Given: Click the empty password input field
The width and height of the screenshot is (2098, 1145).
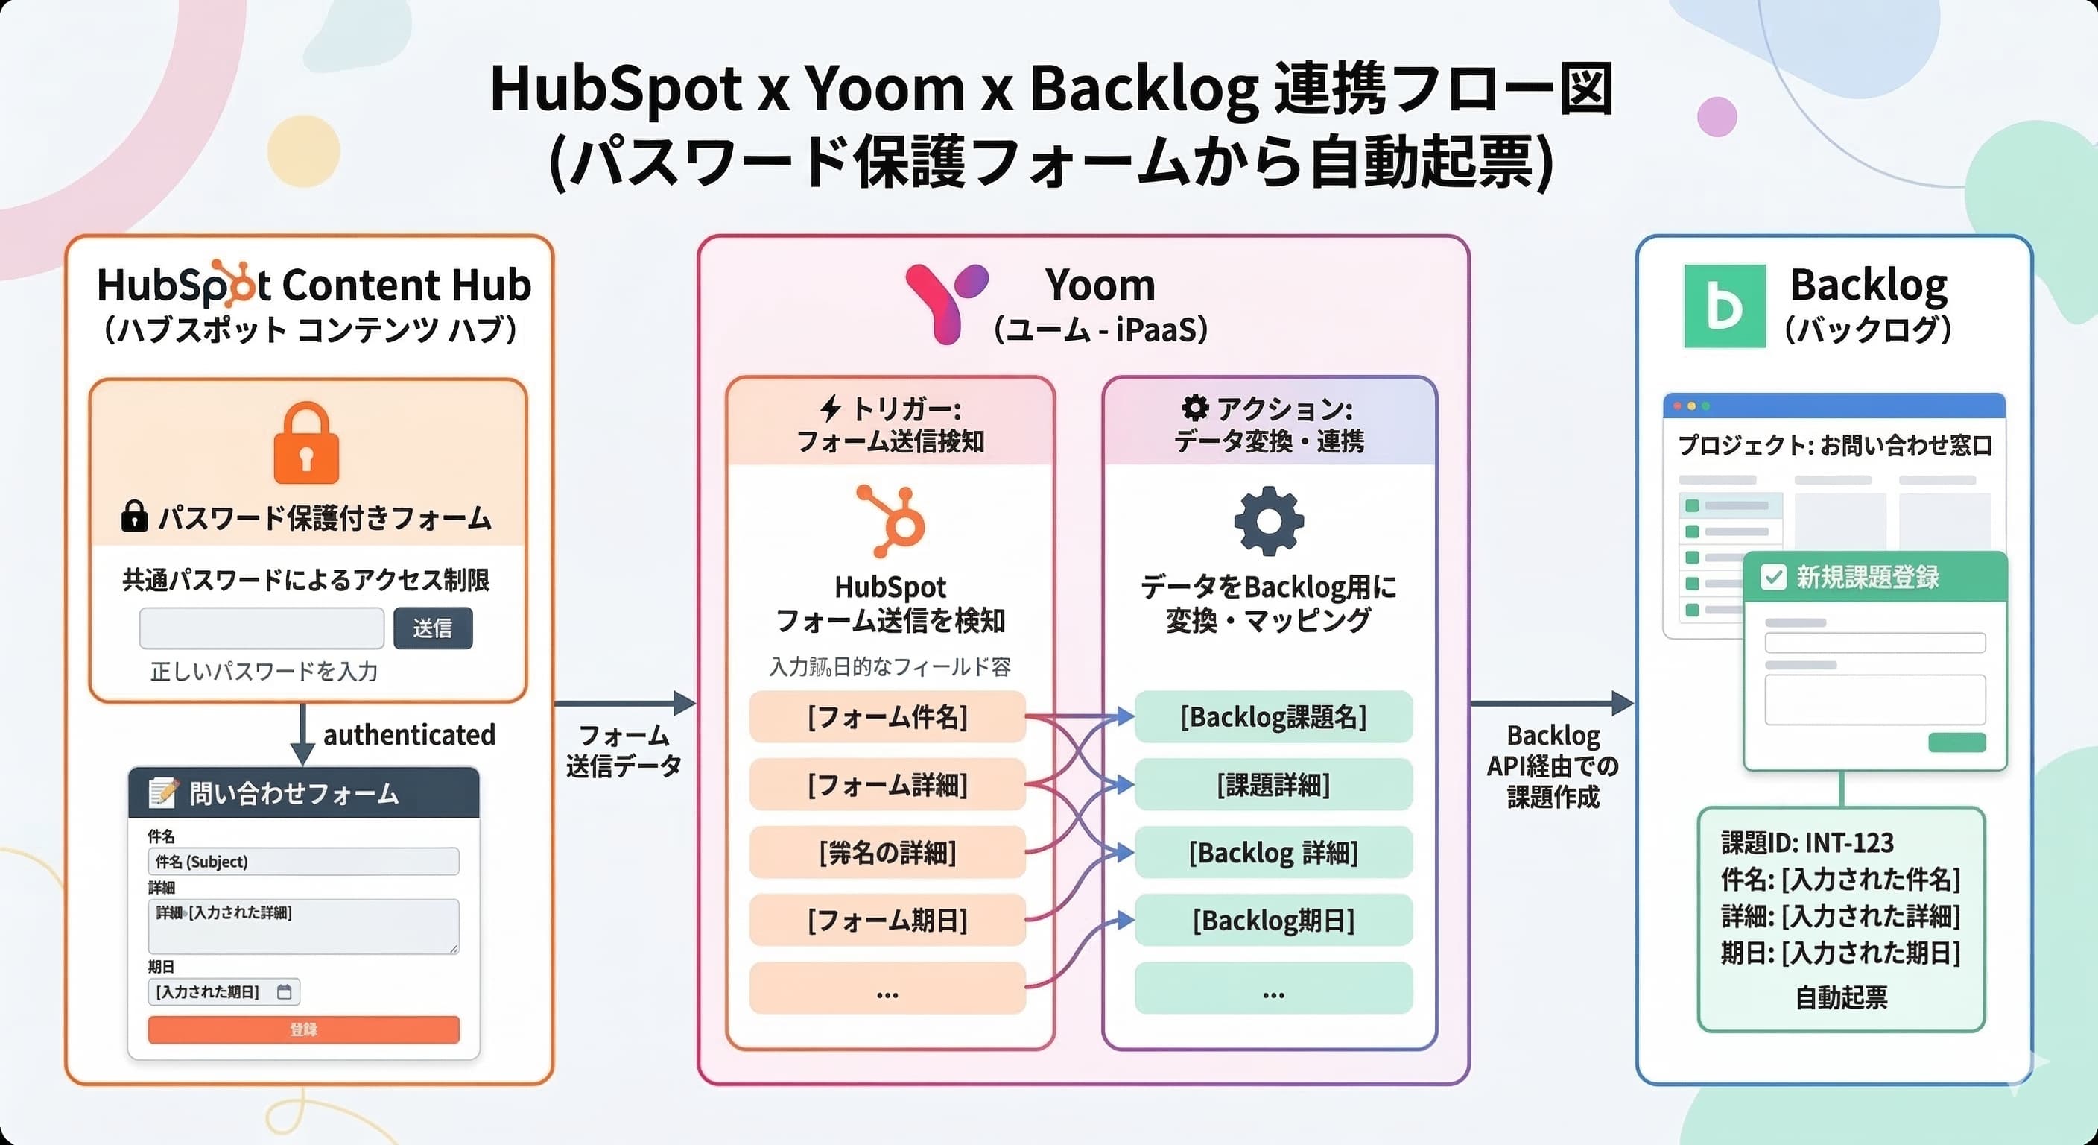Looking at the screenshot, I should [262, 628].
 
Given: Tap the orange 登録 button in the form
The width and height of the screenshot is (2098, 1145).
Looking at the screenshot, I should [303, 1029].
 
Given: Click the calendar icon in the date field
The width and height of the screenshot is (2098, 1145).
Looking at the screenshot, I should [285, 991].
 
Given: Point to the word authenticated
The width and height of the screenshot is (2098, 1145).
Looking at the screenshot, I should [409, 734].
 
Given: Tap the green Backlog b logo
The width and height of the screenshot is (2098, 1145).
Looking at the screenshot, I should [1724, 306].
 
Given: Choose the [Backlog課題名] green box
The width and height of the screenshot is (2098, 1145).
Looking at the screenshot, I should [1273, 717].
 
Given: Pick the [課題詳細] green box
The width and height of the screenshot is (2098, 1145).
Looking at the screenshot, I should [1273, 785].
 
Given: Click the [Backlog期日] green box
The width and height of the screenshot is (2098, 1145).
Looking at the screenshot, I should [1273, 920].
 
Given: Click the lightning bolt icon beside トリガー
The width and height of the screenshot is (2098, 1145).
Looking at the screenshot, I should [830, 409].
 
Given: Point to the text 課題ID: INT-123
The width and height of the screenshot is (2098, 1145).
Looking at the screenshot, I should [1807, 842].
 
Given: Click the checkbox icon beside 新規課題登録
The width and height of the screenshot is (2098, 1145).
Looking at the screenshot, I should [1772, 577].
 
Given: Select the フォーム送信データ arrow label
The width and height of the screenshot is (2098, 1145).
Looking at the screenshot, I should [623, 751].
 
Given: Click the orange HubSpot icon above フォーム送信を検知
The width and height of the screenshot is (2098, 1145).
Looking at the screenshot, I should [892, 521].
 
